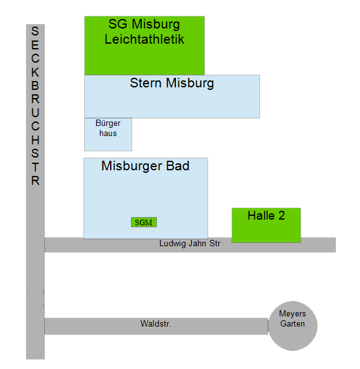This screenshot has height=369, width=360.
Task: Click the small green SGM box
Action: click(x=144, y=222)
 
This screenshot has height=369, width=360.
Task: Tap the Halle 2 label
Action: click(x=266, y=216)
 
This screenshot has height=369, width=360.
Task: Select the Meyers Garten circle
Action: click(x=293, y=326)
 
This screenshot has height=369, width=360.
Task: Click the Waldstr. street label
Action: click(x=156, y=323)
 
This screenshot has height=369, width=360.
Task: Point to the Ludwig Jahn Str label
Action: click(x=190, y=243)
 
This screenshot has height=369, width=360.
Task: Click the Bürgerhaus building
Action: click(x=108, y=134)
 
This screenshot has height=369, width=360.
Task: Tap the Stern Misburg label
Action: click(x=171, y=84)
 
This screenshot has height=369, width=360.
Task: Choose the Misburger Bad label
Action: click(x=145, y=166)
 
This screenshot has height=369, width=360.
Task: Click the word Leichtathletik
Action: click(x=144, y=39)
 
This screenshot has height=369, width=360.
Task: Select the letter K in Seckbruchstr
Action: click(x=35, y=72)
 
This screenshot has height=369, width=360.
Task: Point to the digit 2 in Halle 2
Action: click(x=282, y=216)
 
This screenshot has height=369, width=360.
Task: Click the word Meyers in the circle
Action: click(x=292, y=314)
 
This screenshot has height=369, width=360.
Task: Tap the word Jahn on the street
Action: click(x=197, y=243)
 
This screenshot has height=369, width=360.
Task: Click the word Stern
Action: click(x=146, y=83)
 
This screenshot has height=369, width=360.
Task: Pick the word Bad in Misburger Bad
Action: click(x=178, y=166)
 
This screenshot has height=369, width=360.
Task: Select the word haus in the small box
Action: click(x=108, y=133)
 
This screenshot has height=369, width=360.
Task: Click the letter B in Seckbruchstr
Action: click(x=35, y=86)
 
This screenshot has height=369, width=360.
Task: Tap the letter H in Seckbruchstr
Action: click(x=35, y=140)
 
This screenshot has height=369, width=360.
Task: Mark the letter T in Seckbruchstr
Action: click(x=35, y=167)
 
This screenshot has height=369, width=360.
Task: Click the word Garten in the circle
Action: click(x=292, y=324)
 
